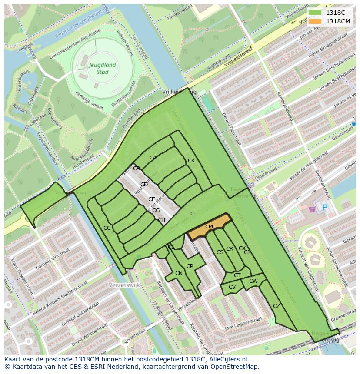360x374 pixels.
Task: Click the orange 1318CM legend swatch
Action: [316, 21]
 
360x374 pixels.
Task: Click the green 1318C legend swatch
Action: [316, 13]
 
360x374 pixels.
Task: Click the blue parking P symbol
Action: [324, 208]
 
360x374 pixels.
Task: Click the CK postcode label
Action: [191, 161]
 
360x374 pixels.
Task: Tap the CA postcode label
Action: [153, 158]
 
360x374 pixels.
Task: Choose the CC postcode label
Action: [107, 228]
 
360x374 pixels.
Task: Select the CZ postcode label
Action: [277, 306]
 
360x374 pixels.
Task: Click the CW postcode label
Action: [253, 281]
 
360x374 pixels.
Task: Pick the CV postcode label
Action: [232, 287]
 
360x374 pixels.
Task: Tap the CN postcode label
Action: [179, 273]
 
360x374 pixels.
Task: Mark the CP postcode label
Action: [190, 266]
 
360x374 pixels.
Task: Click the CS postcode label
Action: [220, 252]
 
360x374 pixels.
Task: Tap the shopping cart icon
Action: [312, 209]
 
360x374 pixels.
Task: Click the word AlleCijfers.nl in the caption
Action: [226, 359]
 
